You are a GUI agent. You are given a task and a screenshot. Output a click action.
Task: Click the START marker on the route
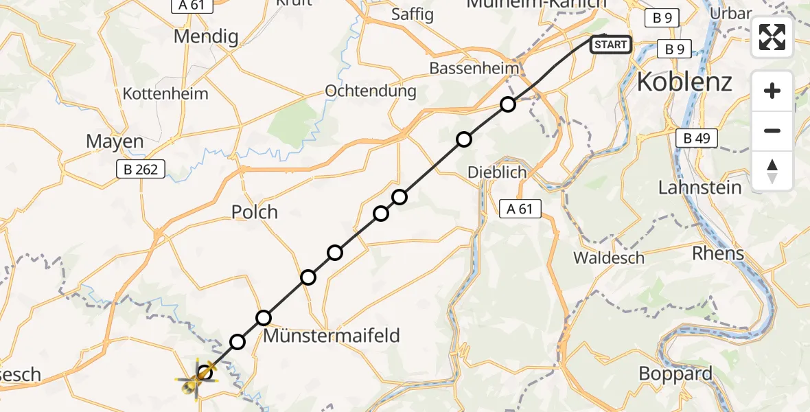point(610,45)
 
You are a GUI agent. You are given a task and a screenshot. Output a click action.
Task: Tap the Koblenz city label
point(684,82)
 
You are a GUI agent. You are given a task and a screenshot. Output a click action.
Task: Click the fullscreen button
point(772,37)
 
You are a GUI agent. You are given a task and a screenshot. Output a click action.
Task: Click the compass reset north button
point(772,171)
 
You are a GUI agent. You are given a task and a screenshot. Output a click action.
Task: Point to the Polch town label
point(255,212)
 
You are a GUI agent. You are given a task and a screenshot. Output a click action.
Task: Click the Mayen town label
point(115,142)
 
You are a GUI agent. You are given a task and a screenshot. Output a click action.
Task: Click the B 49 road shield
point(695,139)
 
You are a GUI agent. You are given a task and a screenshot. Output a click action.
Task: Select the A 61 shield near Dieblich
point(520,209)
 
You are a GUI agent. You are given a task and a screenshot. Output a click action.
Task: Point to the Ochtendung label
point(371,91)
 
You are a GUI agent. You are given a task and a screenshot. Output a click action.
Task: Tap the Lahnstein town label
point(699,187)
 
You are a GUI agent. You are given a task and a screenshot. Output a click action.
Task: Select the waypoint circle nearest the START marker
point(507,104)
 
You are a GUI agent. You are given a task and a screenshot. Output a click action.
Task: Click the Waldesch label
point(609,258)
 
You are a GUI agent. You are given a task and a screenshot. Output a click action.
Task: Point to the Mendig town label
point(205,36)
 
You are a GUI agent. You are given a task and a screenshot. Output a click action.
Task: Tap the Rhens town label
point(718,253)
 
